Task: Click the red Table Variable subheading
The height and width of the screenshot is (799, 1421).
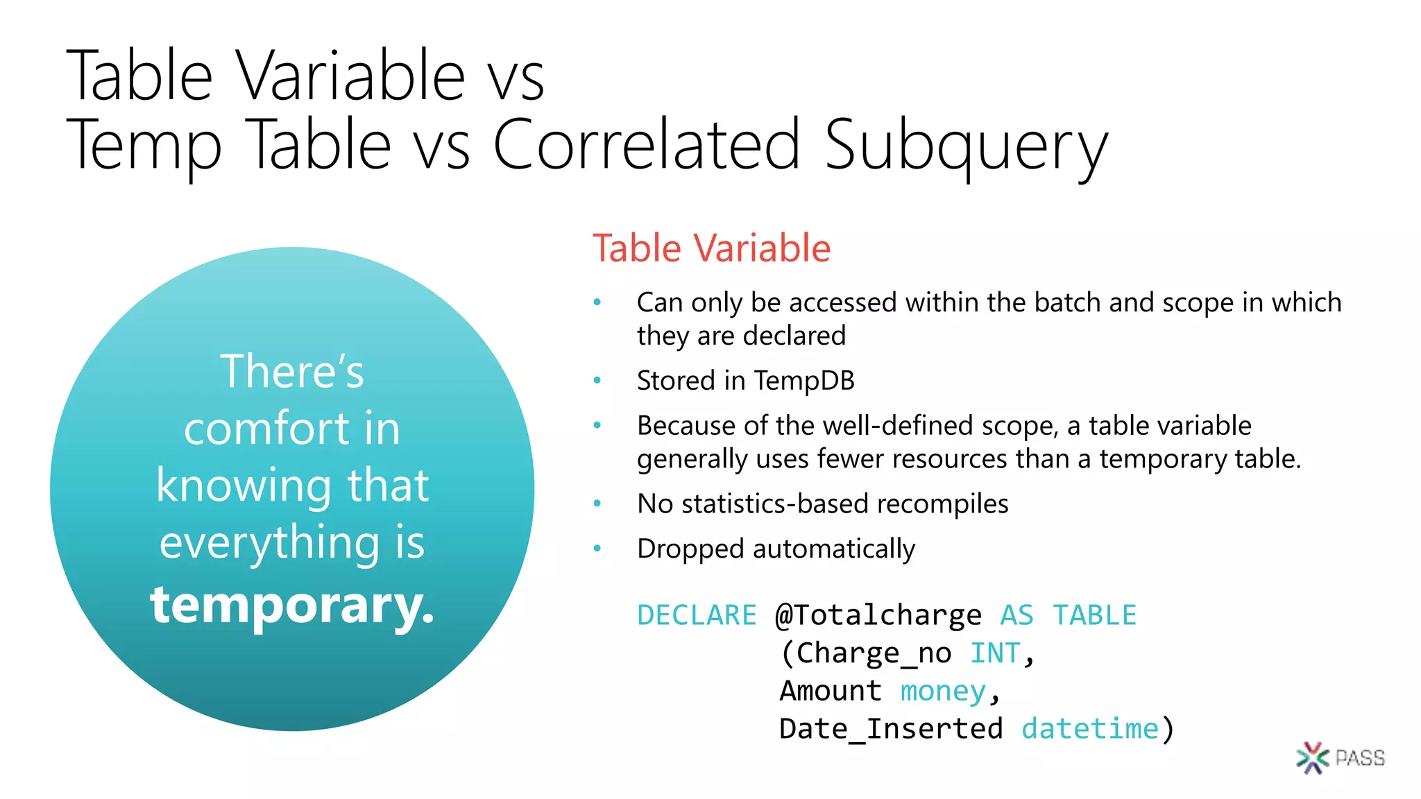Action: pos(711,248)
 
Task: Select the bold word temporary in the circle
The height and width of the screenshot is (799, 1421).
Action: pos(291,605)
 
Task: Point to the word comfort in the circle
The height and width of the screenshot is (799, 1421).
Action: pos(266,429)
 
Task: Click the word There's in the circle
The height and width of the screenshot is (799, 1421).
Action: pos(292,372)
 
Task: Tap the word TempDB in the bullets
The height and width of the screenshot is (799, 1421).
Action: pos(803,381)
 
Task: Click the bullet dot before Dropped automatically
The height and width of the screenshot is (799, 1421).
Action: pos(597,549)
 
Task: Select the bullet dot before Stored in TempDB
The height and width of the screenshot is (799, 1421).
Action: pos(597,380)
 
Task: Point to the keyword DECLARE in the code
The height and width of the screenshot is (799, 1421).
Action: pos(697,615)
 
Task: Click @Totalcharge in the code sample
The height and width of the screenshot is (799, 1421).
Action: pos(878,615)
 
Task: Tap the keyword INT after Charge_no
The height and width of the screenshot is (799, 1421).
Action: pos(994,653)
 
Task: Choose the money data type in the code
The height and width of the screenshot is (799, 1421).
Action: pos(943,691)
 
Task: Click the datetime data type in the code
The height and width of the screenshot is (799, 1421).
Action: pos(1090,729)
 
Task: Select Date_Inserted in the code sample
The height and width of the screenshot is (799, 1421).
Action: pos(891,729)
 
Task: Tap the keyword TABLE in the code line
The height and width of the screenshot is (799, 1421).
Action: pos(1094,615)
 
